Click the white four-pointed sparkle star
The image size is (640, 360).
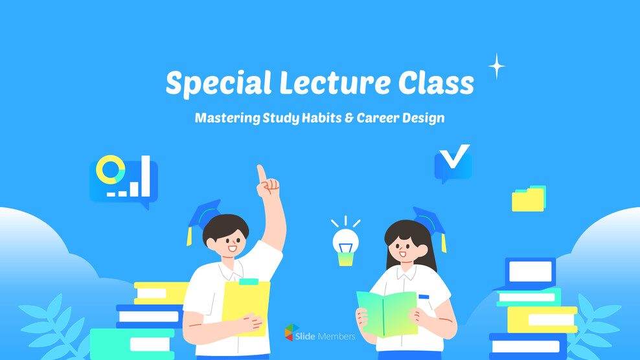(x=496, y=66)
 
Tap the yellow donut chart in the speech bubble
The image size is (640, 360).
(x=110, y=170)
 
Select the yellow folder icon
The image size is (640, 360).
(x=528, y=199)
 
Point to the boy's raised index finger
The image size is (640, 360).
(x=261, y=174)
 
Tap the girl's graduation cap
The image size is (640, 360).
(x=429, y=222)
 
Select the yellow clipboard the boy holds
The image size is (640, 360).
(x=246, y=306)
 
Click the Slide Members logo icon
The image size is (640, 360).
(x=292, y=333)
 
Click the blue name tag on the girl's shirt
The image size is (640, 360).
(x=424, y=297)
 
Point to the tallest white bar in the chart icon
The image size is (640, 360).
(x=146, y=175)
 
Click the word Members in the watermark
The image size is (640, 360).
(x=337, y=337)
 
